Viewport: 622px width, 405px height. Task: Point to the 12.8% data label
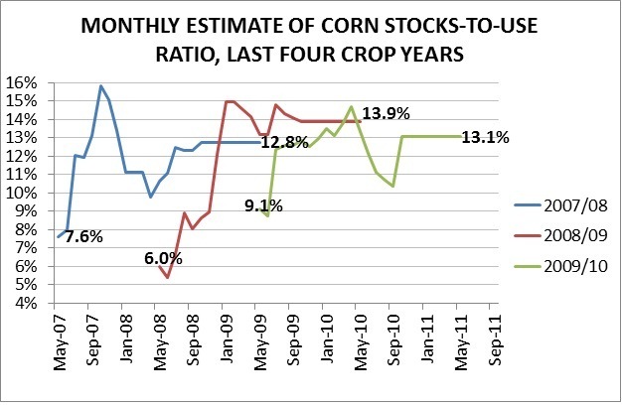[285, 142]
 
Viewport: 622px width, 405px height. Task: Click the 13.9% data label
[382, 114]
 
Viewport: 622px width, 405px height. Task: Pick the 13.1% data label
[486, 138]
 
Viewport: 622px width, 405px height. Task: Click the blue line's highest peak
[100, 86]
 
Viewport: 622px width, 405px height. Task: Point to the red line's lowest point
[168, 277]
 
